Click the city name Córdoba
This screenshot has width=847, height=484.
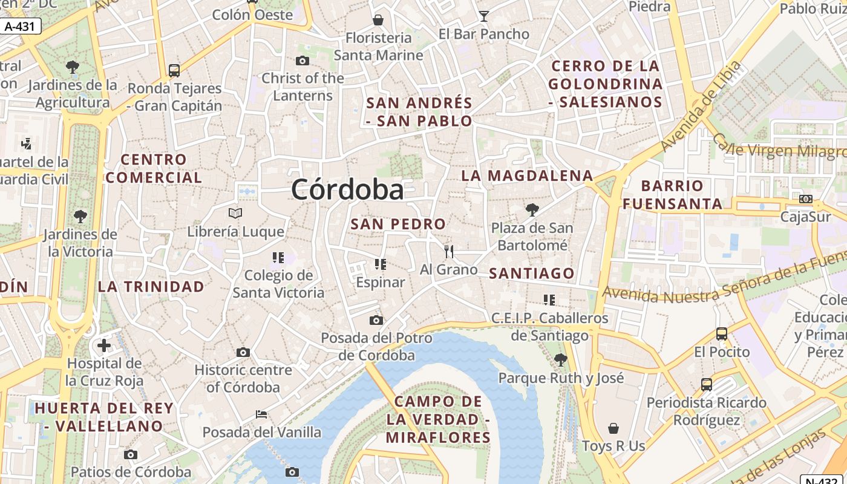pos(347,190)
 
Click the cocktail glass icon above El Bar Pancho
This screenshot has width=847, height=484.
pos(484,16)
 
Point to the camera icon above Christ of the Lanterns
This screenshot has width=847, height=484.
pos(302,60)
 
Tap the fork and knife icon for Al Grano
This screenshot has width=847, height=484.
pos(448,252)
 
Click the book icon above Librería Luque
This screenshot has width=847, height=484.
pos(235,213)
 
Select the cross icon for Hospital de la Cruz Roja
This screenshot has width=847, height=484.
pos(104,345)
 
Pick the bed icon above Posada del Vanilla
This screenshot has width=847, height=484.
pos(261,414)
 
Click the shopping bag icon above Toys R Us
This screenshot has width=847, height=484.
pos(613,428)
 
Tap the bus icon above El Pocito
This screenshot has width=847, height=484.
pos(721,333)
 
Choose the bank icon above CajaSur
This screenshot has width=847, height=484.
pos(805,199)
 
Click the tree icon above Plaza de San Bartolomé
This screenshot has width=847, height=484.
pos(532,210)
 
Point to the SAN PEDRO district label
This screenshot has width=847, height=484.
pos(398,224)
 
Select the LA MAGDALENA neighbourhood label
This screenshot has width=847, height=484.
pos(527,176)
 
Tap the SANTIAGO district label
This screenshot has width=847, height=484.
pos(531,273)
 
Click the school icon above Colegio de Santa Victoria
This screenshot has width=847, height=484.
pos(278,258)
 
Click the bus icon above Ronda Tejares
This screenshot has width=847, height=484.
pos(174,71)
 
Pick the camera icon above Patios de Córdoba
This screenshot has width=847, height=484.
pos(131,454)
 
